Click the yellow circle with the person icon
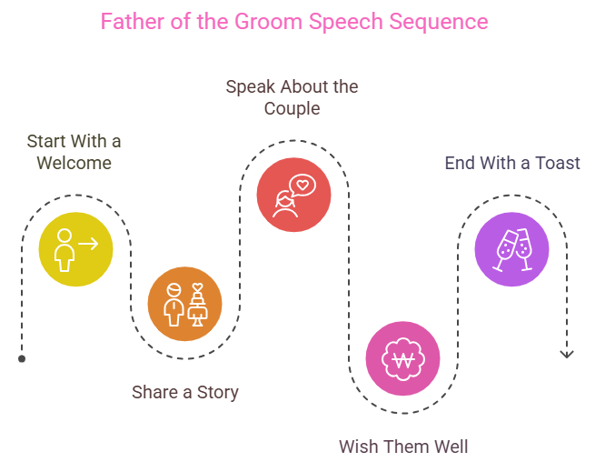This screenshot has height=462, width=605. tap(76, 249)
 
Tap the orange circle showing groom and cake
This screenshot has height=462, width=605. tap(184, 304)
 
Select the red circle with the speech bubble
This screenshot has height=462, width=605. tap(293, 195)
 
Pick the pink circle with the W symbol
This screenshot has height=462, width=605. tap(402, 358)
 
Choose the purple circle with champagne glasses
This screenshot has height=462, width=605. tap(511, 249)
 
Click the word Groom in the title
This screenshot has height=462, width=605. tap(268, 22)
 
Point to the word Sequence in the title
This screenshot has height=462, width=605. tap(439, 23)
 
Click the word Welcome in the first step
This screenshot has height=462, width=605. tap(74, 163)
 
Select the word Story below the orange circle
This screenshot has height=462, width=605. tap(218, 393)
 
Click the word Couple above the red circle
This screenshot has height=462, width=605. tap(293, 109)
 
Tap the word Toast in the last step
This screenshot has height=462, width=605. tap(558, 163)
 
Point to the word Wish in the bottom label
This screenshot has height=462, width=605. tap(356, 447)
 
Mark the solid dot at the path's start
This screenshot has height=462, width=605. tap(22, 359)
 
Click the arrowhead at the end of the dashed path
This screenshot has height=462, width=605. tap(567, 354)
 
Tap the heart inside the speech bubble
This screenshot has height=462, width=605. tap(302, 185)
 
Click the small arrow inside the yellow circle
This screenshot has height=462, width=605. tap(88, 244)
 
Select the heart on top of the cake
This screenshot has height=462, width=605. tap(197, 287)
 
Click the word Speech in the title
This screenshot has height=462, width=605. tap(345, 23)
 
